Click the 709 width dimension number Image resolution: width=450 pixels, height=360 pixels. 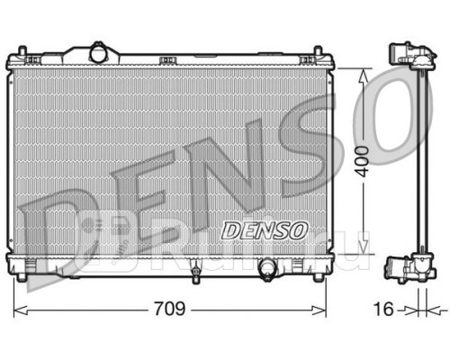tap(170, 309)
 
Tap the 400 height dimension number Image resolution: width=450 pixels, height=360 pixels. tap(362, 161)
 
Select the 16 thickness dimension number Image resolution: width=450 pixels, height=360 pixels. tap(383, 309)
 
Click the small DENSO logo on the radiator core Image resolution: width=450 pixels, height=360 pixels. tap(265, 230)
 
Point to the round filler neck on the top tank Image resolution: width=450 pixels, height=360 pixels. tap(98, 53)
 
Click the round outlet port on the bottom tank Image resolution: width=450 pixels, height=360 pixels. tap(268, 267)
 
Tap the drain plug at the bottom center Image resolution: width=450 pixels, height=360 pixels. tap(195, 272)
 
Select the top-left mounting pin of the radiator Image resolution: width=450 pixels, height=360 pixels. tap(22, 51)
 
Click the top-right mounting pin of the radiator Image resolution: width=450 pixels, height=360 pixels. tap(318, 51)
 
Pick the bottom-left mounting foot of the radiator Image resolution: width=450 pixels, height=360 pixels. tap(22, 277)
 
